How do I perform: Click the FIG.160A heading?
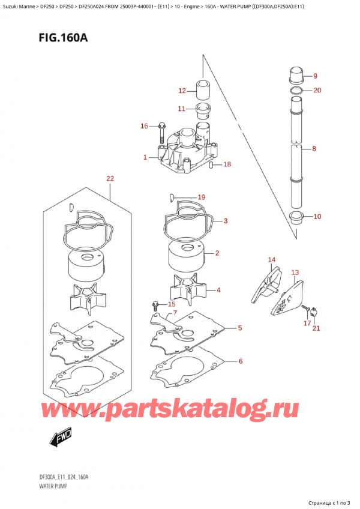64,38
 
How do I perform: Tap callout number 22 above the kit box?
110,178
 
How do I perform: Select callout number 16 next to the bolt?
144,126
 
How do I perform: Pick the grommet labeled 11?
203,110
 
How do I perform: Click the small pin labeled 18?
210,165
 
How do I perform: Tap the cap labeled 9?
296,74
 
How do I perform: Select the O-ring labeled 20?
296,90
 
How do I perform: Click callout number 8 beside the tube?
314,149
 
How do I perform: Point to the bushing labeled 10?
296,217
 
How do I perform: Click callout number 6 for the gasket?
240,361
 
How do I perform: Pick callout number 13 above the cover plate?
295,273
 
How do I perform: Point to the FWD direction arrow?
61,436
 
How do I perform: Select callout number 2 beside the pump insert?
217,253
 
